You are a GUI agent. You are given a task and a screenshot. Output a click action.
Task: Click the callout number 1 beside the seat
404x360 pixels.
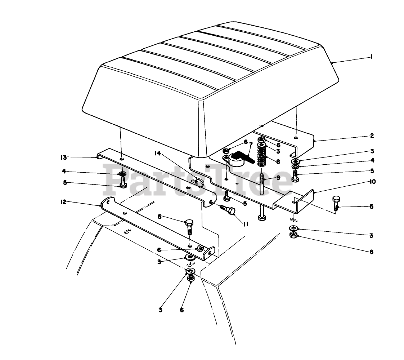coord(371,57)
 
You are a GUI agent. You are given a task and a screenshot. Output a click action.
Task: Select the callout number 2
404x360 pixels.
coord(372,136)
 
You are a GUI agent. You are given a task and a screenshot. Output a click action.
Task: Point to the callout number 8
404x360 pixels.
coord(278,162)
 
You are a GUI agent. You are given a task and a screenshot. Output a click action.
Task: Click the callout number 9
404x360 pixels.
coord(278,177)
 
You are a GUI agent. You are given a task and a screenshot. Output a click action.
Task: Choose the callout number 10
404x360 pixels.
coord(372,182)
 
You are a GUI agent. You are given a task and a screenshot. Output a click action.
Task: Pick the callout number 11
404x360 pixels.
coord(246,224)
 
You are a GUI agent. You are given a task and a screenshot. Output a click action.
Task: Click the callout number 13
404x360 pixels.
coord(63,157)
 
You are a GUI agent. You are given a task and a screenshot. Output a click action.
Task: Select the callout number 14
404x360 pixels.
coord(157,154)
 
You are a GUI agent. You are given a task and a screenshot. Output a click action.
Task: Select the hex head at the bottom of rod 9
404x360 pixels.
coord(261,218)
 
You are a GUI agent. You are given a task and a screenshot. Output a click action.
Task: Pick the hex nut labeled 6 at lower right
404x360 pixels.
coord(293,236)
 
